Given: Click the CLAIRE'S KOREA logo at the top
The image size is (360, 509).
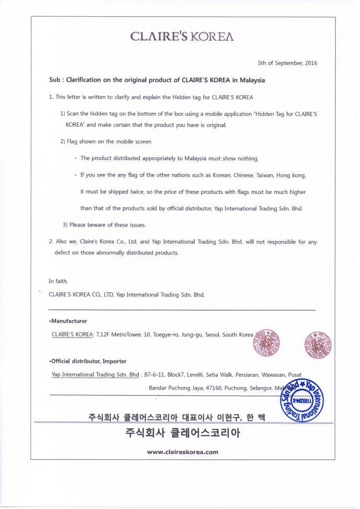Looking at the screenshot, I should point(182,36).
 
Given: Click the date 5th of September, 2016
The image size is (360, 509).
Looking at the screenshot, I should point(287,63).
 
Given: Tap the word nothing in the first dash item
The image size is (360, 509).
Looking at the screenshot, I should point(247,158).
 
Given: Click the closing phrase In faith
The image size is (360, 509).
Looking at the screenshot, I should point(58,281).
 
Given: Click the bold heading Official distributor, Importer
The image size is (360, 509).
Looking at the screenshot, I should point(88,361).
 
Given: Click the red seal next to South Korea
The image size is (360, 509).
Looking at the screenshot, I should point(267,342).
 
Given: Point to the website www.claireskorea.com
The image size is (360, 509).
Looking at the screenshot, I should point(182,452).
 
